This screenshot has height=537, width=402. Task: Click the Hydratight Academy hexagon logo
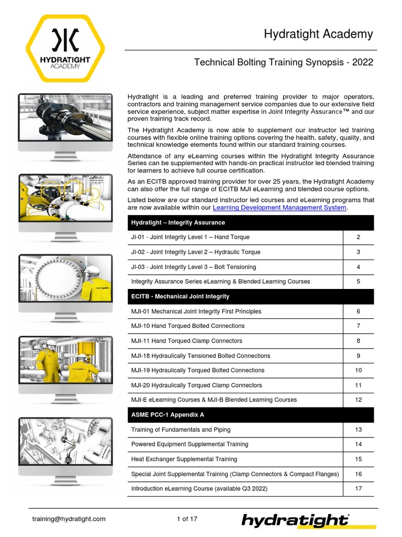tap(65, 48)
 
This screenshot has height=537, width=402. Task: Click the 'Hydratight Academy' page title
tap(318, 35)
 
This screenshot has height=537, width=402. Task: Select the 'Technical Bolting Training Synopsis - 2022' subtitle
tap(283, 62)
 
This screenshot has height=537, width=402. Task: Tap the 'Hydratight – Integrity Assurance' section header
tap(171, 222)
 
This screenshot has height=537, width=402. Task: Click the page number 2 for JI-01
tap(359, 237)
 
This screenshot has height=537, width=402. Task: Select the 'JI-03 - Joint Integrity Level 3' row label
tap(194, 267)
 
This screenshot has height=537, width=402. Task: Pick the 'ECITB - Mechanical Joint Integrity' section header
tap(180, 296)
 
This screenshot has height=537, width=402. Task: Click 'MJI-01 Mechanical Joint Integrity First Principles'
tap(196, 312)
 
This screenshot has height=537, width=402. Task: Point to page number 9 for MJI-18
tap(359, 356)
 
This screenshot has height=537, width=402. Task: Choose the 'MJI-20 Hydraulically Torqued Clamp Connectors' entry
tap(197, 385)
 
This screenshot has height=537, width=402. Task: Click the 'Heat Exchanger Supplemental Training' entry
tap(184, 459)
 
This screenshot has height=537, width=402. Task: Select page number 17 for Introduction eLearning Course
tap(359, 489)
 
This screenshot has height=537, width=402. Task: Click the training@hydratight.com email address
tap(69, 519)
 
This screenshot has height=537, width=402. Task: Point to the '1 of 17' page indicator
tap(187, 519)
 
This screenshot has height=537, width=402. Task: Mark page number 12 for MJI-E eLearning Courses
tap(359, 400)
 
